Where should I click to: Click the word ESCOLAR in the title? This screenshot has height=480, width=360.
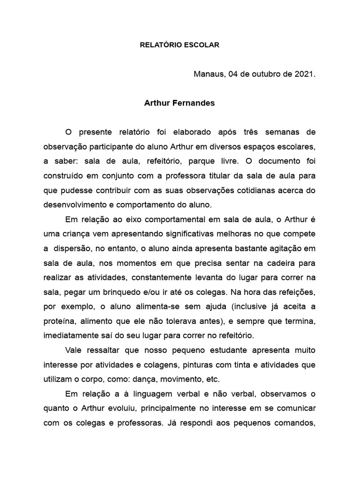201,45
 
